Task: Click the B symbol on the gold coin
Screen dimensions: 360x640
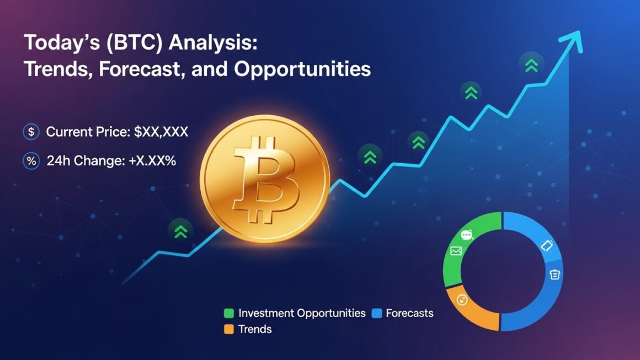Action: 266,179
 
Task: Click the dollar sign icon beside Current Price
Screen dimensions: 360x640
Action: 31,132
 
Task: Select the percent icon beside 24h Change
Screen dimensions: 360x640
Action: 31,162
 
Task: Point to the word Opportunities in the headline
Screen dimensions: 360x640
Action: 302,70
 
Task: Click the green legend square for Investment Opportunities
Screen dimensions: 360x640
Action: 228,314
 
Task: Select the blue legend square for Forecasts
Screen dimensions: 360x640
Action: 377,314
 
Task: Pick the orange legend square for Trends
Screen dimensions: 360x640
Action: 228,330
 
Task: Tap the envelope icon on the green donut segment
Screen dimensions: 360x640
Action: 456,251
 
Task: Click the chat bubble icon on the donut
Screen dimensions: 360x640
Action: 467,235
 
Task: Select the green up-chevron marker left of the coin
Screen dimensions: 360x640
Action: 181,230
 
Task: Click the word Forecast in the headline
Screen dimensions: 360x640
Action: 134,70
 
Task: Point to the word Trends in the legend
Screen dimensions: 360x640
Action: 255,330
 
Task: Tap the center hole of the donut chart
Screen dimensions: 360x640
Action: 503,272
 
